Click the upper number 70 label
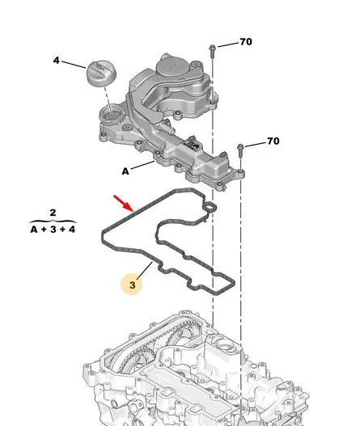coord(246,42)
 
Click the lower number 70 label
coord(273,141)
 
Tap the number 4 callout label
coord(56,60)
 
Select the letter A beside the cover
coord(125,171)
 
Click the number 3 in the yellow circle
coord(132,285)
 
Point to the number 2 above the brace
coord(53,212)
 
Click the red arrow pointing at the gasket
coord(124,203)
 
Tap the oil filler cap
coord(101,74)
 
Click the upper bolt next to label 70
coord(212,52)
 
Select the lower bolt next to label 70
coord(240,151)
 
